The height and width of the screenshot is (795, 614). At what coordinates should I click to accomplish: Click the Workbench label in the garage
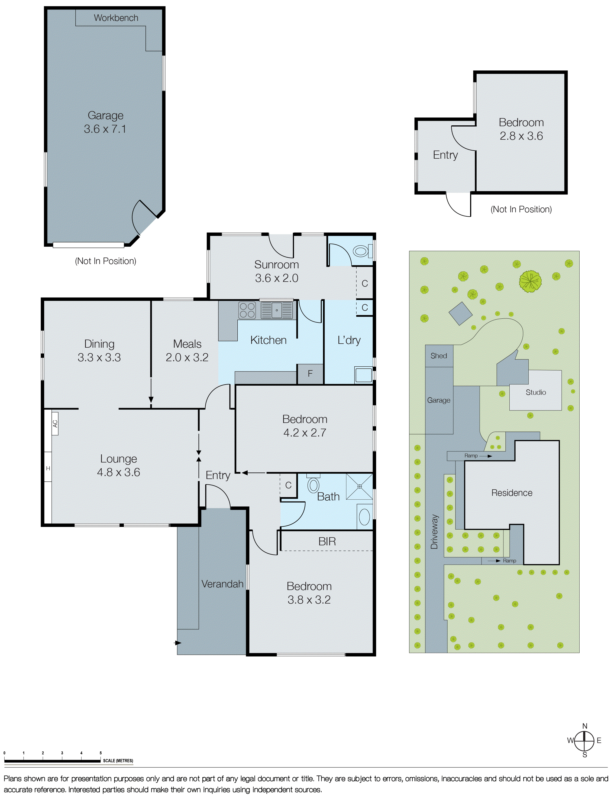coord(116,18)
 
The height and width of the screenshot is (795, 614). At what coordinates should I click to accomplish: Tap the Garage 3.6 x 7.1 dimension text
coord(105,129)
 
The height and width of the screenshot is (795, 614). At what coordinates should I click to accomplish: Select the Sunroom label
coord(276,265)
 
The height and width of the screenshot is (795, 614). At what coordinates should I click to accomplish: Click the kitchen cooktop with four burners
coord(247,310)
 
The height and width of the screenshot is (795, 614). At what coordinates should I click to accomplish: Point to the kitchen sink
coord(277,310)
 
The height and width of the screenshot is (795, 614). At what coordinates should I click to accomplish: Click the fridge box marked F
coord(310,373)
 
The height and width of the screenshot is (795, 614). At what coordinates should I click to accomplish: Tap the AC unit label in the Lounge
coord(55,423)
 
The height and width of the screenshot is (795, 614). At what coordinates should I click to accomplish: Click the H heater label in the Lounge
coord(48,468)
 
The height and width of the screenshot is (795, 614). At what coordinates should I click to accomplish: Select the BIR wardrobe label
coord(327,541)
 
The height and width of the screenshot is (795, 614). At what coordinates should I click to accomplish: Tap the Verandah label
coord(222,584)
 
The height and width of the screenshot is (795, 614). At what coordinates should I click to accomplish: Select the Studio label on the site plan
coord(536,392)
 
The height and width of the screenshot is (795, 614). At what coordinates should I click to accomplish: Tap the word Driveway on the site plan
coord(434,532)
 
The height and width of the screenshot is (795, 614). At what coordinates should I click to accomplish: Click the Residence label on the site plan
coord(512,493)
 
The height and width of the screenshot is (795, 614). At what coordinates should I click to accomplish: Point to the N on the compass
coord(584,726)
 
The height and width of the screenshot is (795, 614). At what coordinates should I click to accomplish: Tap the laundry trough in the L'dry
coord(363,375)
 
